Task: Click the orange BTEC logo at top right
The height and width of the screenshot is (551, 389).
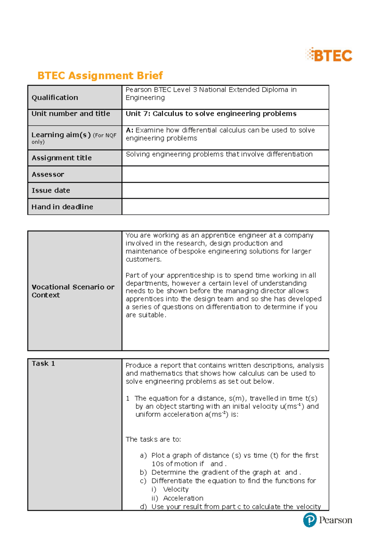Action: click(329, 55)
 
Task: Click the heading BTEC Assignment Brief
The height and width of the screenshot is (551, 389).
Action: click(100, 76)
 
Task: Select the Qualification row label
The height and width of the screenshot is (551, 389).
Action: click(55, 98)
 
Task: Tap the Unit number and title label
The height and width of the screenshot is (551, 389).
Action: click(71, 114)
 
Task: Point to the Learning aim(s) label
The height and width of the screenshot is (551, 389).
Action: click(61, 135)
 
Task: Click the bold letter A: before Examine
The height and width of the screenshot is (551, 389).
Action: click(130, 130)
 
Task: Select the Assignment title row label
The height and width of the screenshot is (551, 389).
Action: click(62, 158)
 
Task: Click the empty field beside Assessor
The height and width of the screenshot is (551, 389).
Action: click(225, 174)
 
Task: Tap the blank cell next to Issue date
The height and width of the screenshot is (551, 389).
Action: click(225, 190)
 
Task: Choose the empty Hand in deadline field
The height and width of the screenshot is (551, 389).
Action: click(225, 207)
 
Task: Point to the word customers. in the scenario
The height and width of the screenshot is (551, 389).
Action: click(143, 259)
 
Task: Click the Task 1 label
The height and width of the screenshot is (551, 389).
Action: click(43, 364)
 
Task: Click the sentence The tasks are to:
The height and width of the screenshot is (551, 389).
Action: click(153, 439)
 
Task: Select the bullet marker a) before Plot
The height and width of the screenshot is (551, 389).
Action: click(143, 456)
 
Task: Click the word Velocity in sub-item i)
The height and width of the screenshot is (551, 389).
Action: click(176, 489)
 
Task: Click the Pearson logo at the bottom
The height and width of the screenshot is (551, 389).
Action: click(327, 520)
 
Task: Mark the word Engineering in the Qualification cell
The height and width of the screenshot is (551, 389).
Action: click(145, 98)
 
